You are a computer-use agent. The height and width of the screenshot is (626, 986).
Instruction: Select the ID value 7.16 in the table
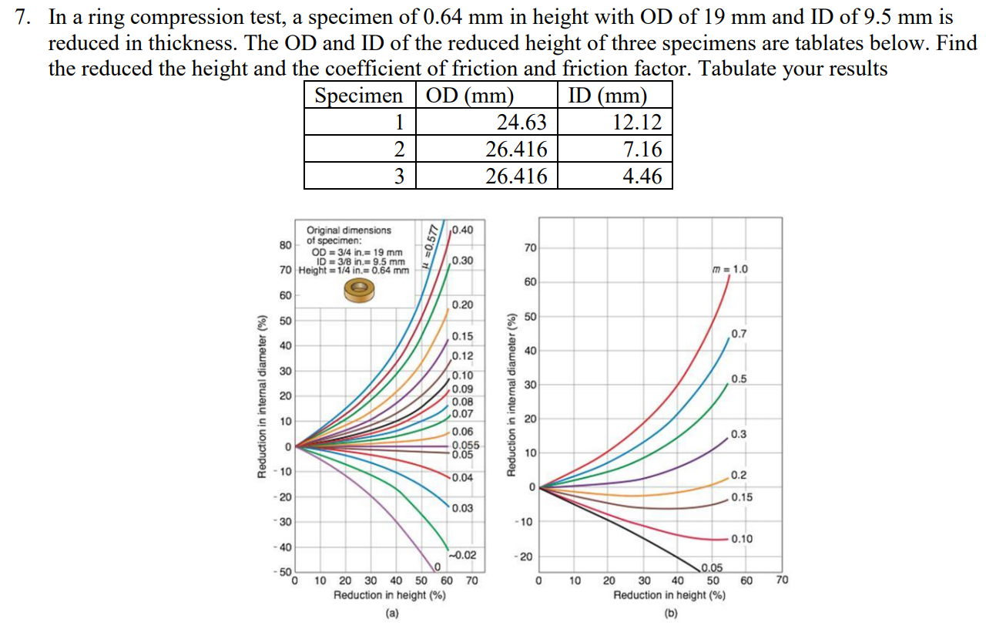[642, 150]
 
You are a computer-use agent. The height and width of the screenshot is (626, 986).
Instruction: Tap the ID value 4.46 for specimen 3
[642, 176]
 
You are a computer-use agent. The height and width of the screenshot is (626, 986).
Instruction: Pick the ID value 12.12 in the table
[636, 123]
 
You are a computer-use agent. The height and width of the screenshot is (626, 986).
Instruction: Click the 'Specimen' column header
[359, 96]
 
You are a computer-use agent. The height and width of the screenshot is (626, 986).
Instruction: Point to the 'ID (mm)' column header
[607, 96]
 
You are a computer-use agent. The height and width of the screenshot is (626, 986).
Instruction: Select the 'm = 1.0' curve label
[730, 269]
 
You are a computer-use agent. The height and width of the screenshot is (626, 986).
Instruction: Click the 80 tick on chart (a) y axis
[285, 245]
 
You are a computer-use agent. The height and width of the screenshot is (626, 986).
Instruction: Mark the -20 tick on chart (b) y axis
[527, 557]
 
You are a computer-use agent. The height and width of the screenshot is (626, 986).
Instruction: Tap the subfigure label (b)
[669, 614]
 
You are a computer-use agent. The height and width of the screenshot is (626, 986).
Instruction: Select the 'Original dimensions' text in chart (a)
[348, 230]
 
